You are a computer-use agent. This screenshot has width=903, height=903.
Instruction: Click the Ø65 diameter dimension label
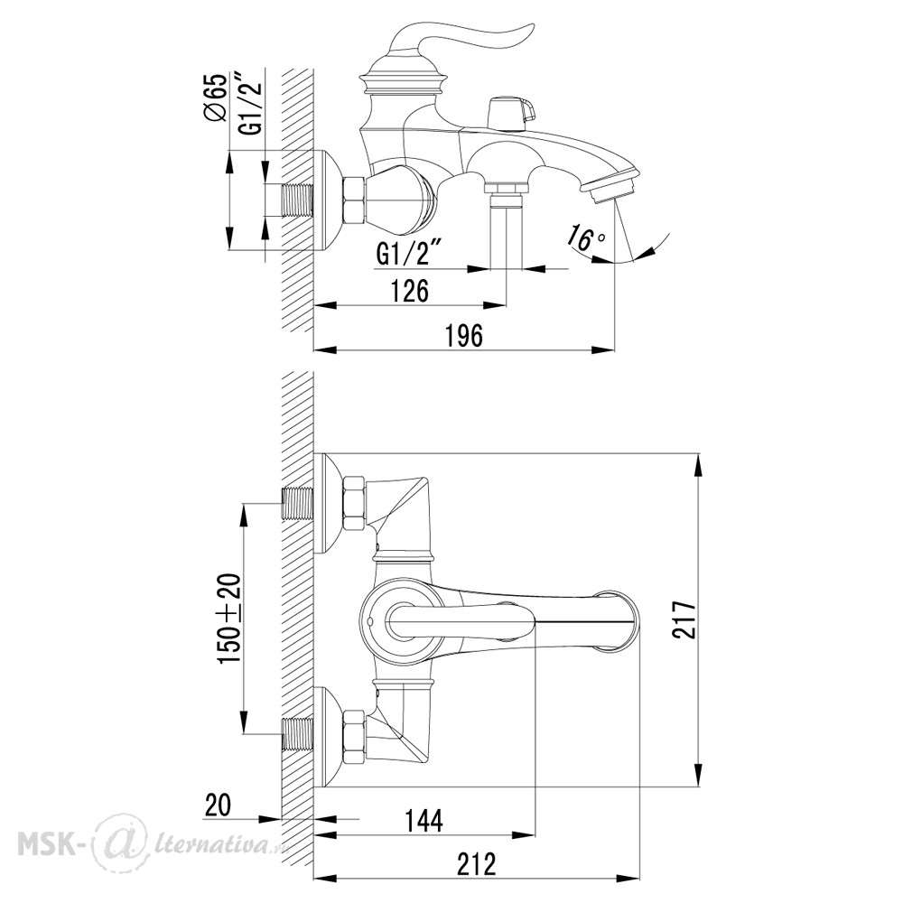[216, 98]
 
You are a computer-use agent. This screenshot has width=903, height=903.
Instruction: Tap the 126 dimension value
[410, 291]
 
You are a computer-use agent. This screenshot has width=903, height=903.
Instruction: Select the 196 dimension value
[464, 336]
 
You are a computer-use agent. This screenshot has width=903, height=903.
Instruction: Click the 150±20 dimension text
[229, 618]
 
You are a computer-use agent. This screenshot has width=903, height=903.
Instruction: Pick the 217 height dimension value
[684, 619]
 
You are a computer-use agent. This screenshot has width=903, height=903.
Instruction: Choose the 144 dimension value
[424, 821]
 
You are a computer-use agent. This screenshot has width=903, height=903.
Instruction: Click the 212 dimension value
[476, 864]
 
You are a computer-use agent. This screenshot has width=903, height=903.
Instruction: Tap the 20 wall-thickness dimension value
[218, 805]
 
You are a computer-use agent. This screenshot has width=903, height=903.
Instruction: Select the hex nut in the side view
[354, 200]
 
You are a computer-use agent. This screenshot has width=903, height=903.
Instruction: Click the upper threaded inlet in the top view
[297, 503]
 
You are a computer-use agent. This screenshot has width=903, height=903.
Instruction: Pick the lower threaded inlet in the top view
[297, 734]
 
